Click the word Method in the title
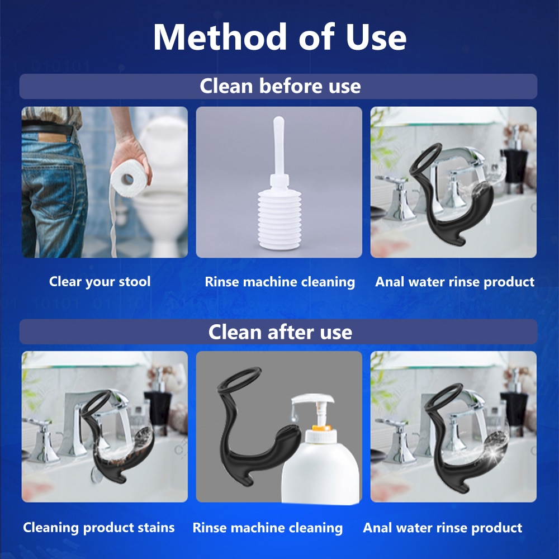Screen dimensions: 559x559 [x=220, y=37]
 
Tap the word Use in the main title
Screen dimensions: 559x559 [x=376, y=37]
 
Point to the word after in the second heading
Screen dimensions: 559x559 [x=289, y=332]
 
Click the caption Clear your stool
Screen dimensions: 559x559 [x=100, y=282]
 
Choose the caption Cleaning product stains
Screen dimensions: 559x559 [x=99, y=528]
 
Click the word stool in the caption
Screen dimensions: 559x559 [x=134, y=281]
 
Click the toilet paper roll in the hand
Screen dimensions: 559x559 [x=129, y=179]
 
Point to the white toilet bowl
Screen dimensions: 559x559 [x=162, y=186]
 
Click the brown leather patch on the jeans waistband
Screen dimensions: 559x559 [x=52, y=138]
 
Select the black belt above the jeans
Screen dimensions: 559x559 [x=47, y=127]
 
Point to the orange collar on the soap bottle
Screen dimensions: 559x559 [x=322, y=428]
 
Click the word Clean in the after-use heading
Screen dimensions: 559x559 [x=235, y=332]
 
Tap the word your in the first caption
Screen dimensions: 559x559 [x=100, y=282]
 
